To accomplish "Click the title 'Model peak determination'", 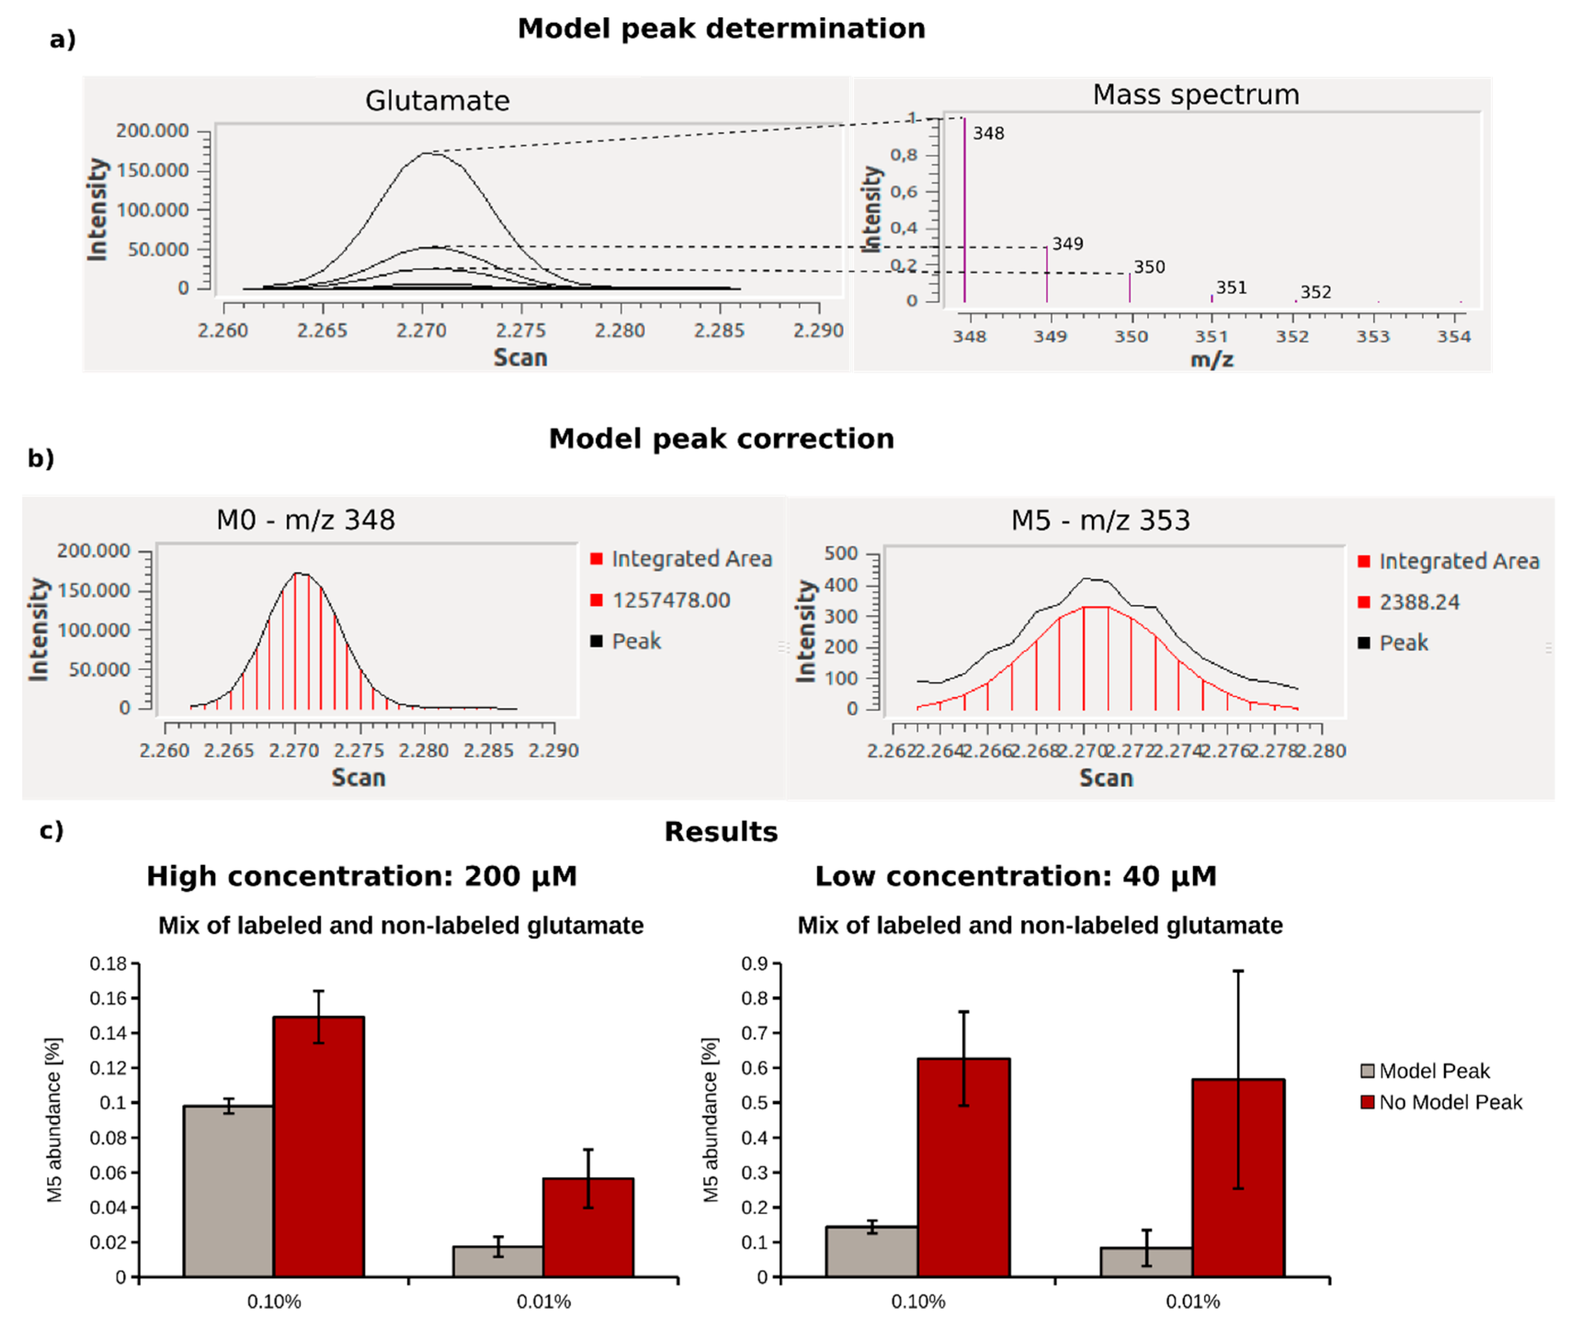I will click(x=721, y=28).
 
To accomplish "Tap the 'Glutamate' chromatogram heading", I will click(x=437, y=101).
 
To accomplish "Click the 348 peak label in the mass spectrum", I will click(x=988, y=134).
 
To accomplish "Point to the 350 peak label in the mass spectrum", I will click(x=1149, y=267).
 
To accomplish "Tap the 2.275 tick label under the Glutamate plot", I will click(x=521, y=331).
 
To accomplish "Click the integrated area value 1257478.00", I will click(x=670, y=600).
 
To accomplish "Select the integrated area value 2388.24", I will click(x=1419, y=602).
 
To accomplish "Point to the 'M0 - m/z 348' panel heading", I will click(x=305, y=520).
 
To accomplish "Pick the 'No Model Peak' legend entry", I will click(x=1449, y=1102).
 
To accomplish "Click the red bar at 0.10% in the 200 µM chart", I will click(x=319, y=1148).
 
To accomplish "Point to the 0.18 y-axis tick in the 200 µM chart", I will click(x=108, y=964).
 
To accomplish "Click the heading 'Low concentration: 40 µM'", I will click(x=1015, y=876).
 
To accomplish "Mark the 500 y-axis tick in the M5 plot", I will click(x=841, y=554).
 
